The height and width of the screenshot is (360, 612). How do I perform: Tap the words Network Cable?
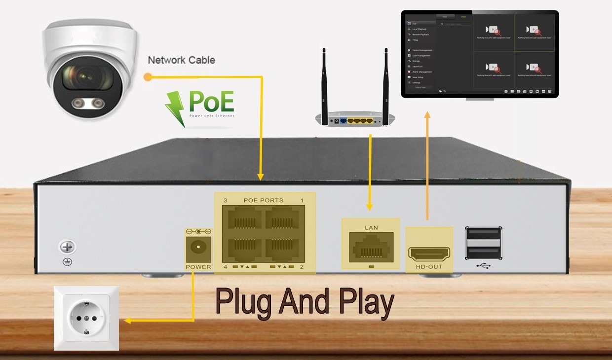coord(181,60)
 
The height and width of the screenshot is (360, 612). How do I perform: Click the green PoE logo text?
coord(211,102)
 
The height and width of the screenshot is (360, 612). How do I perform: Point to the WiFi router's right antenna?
coord(385,81)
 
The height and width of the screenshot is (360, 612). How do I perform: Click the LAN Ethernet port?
coord(371,247)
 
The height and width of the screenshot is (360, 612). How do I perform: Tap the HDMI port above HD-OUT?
coord(429,253)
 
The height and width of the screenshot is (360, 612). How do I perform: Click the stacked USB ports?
coord(484,243)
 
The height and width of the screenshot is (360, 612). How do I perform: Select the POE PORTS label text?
coord(264,200)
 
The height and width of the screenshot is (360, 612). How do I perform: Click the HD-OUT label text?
coord(429,267)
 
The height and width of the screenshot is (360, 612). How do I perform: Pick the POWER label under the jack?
coord(198,267)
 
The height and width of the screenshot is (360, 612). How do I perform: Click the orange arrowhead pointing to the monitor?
coord(427,115)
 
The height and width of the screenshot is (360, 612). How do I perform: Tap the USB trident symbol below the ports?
coord(484,266)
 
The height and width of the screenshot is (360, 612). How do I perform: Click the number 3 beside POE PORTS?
coord(225,201)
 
